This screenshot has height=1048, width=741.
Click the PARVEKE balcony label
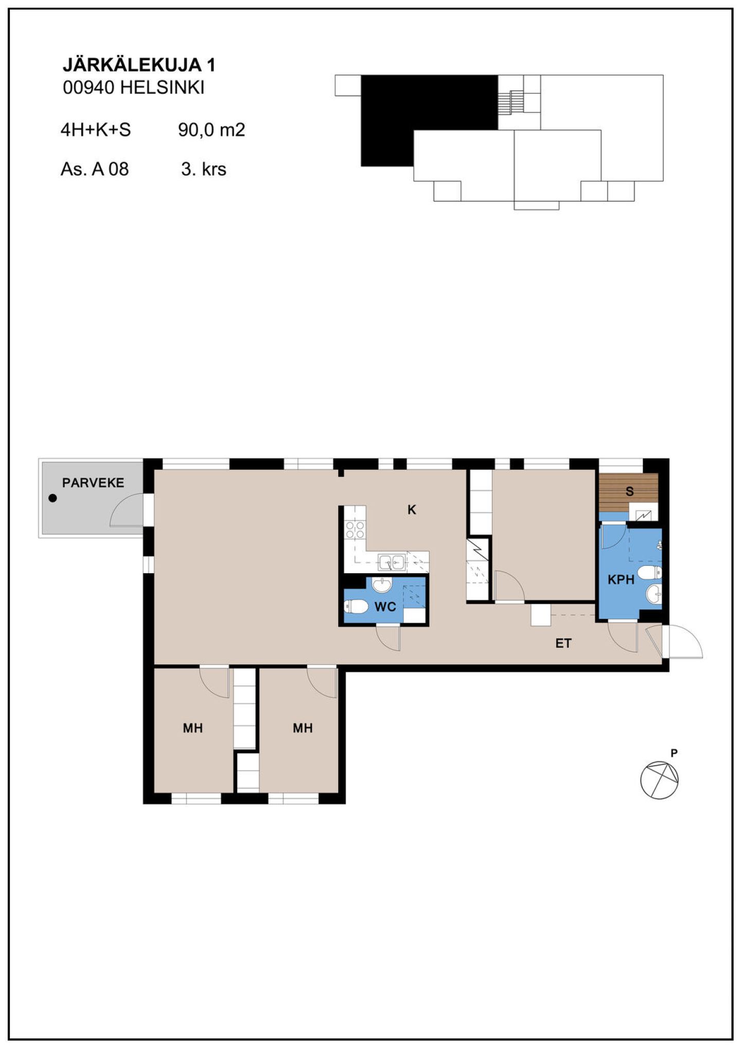tap(93, 483)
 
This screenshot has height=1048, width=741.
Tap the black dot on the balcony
tap(52, 498)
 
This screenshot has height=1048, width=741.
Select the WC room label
tap(385, 607)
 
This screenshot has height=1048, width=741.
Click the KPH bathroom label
tap(621, 580)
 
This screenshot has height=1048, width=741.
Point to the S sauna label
tap(629, 491)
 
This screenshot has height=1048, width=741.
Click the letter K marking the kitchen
tap(412, 509)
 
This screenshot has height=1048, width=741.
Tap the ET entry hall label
tap(563, 643)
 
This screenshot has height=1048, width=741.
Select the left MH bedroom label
tap(193, 728)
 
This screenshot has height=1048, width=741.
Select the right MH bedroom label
tap(303, 728)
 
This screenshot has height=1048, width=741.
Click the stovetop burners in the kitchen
tap(355, 529)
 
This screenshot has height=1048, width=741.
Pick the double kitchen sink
tap(392, 562)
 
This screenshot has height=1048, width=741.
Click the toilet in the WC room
tap(356, 607)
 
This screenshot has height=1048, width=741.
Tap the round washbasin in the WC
tap(382, 585)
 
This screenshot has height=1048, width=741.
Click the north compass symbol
tap(659, 779)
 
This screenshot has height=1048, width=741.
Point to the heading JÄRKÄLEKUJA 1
tap(139, 64)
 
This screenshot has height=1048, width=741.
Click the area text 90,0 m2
tap(211, 130)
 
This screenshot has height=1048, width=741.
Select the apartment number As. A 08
tap(95, 169)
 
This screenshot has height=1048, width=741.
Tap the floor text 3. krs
tap(204, 169)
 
